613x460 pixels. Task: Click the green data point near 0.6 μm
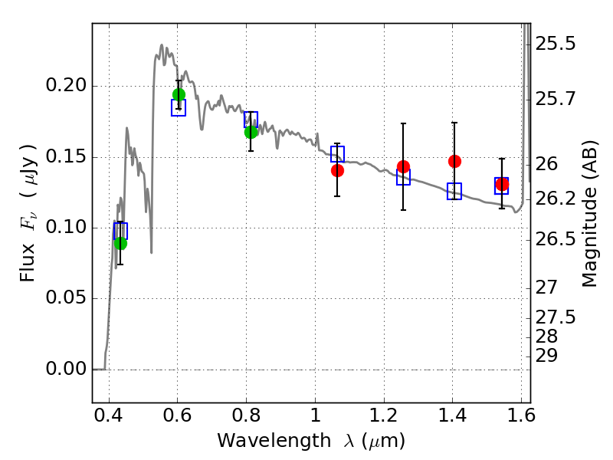179,95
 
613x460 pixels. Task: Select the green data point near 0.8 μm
251,132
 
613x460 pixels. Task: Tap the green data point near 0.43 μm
120,243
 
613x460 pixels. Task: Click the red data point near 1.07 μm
337,170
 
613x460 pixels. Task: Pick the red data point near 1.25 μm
403,166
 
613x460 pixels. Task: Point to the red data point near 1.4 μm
454,161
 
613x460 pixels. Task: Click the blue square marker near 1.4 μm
454,192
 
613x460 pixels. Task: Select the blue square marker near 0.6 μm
179,108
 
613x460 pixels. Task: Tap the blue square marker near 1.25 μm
403,178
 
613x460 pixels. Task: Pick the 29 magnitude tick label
549,356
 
